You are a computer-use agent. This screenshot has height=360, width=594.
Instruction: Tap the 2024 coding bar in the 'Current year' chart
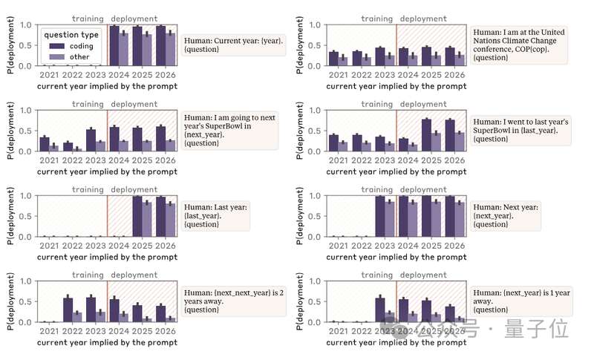(114, 46)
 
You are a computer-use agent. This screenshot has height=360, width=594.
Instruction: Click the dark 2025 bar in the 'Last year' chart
(137, 217)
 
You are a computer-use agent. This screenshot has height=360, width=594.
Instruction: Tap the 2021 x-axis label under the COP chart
(339, 76)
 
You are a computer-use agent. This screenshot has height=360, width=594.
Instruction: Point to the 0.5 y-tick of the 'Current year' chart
(28, 45)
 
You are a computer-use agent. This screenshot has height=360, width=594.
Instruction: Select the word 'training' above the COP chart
(376, 19)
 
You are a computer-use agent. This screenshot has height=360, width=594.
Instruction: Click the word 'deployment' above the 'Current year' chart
(134, 19)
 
